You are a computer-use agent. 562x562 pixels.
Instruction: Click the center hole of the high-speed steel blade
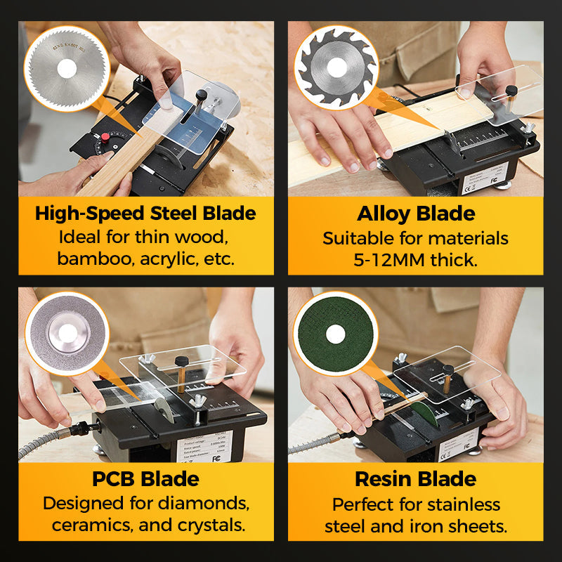67,68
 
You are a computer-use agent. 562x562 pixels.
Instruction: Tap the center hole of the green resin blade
335,334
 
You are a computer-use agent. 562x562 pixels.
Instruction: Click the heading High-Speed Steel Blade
145,214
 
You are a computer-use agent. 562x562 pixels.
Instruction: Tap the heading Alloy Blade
416,214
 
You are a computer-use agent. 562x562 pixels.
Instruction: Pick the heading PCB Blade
145,479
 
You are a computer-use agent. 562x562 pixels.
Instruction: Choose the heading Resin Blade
416,479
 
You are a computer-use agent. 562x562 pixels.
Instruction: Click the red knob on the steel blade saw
105,137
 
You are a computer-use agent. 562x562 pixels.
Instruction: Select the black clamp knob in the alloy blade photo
512,90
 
